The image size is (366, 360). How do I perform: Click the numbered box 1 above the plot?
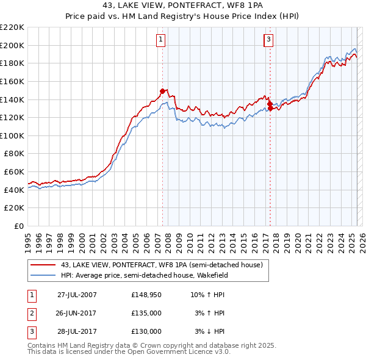(x=160, y=40)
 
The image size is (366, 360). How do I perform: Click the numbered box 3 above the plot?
(x=268, y=40)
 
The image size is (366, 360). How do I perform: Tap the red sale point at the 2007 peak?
(x=162, y=91)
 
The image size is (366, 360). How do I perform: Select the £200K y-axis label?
(x=13, y=45)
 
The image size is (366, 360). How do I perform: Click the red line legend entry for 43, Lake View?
(x=161, y=265)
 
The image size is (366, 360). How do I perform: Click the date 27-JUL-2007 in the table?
(x=77, y=295)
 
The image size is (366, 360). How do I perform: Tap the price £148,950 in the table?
(x=146, y=295)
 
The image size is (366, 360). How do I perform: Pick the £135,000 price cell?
(x=146, y=313)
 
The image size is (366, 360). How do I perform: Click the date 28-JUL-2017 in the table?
(x=77, y=331)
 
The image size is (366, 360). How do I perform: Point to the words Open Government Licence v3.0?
(x=177, y=352)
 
